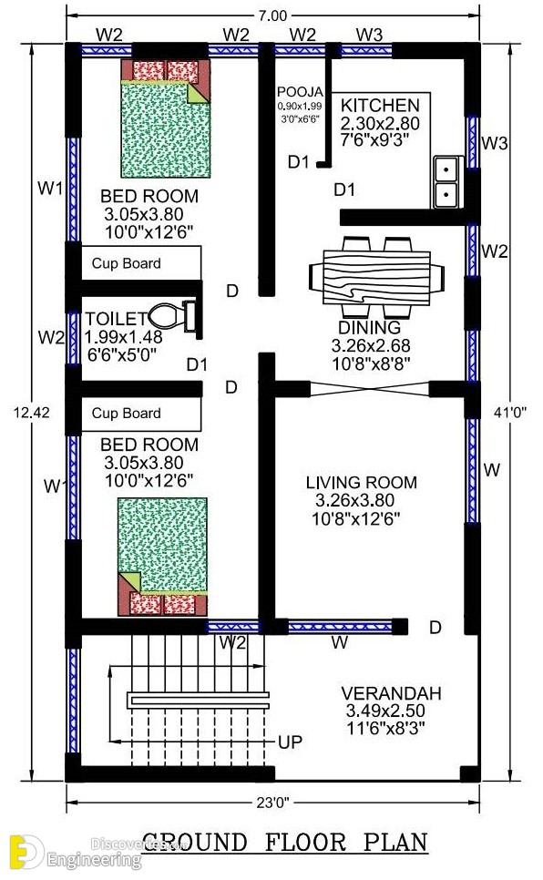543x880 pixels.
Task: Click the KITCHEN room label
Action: click(x=380, y=106)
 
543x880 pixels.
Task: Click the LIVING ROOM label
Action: click(x=361, y=483)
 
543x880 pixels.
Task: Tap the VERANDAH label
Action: click(x=386, y=691)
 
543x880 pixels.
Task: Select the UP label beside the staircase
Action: click(x=290, y=743)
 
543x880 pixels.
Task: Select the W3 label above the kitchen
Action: click(x=369, y=35)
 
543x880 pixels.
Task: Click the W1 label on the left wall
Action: click(x=49, y=189)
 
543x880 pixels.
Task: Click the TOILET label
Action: click(x=116, y=318)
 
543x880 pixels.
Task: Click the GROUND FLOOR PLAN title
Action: click(x=285, y=843)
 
